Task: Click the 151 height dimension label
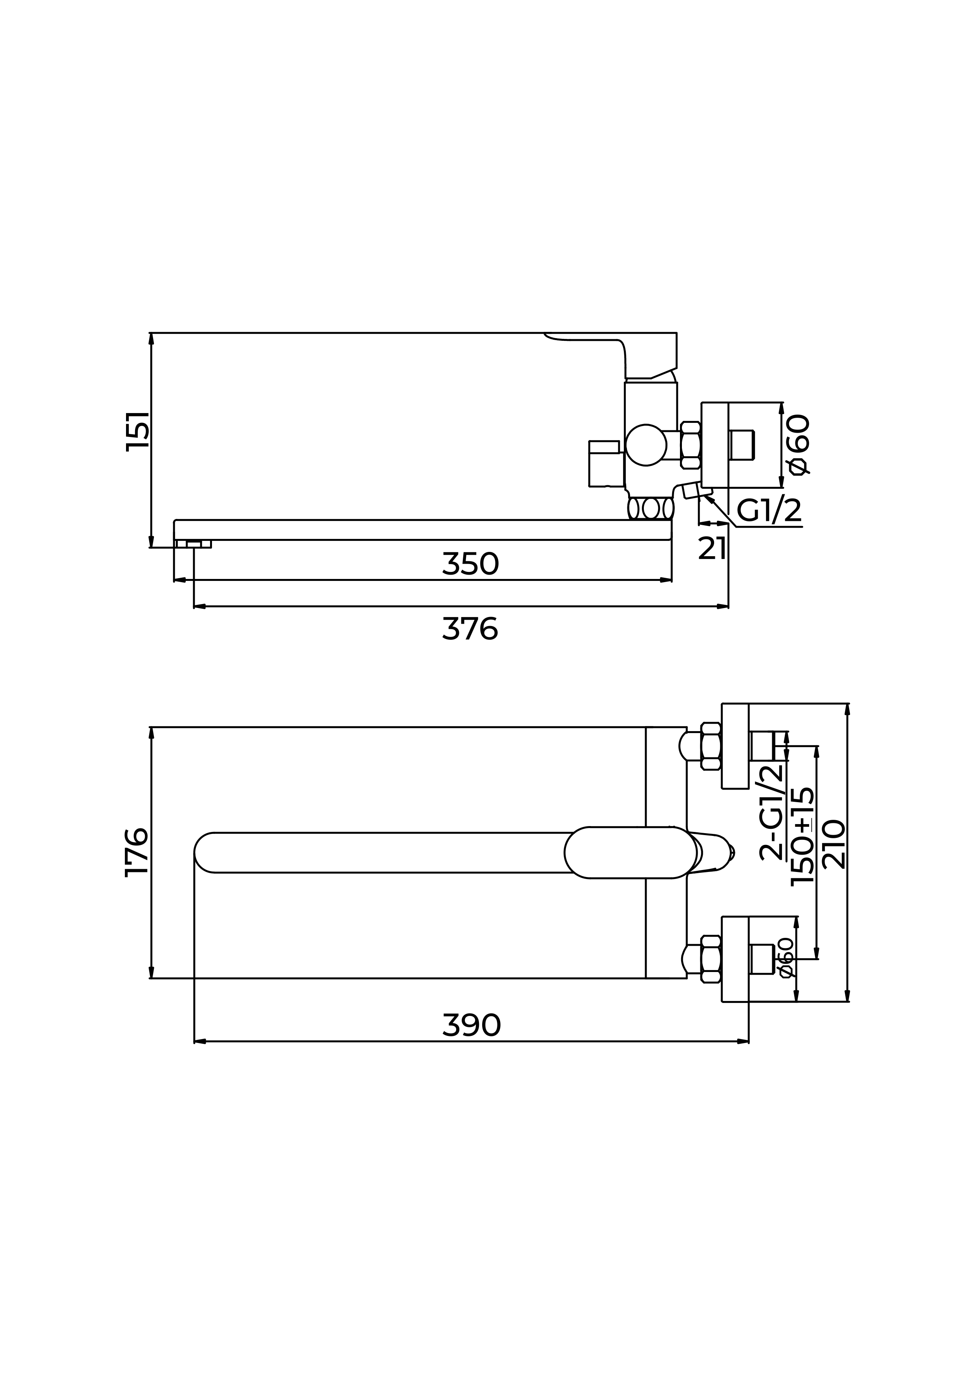tap(138, 431)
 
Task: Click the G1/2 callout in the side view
tap(769, 511)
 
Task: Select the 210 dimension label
tap(834, 845)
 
